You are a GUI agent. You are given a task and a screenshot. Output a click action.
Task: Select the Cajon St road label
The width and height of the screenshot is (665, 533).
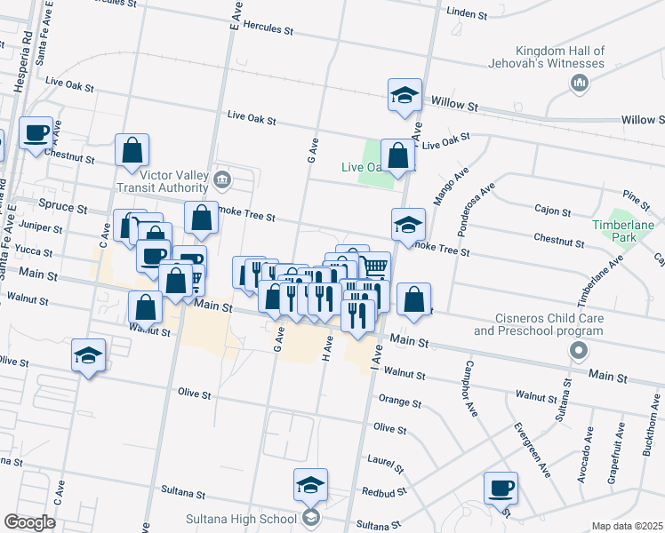pyautogui.click(x=552, y=211)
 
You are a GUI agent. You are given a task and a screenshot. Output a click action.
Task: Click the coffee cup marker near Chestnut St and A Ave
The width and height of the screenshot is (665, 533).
pyautogui.click(x=36, y=134)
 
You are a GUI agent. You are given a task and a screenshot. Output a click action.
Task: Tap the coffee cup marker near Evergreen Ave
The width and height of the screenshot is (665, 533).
pyautogui.click(x=501, y=488)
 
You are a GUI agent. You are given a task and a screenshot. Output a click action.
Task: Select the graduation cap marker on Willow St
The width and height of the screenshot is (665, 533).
pyautogui.click(x=405, y=96)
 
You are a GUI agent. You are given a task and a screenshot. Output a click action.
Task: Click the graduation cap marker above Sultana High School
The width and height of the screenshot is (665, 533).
pyautogui.click(x=310, y=485)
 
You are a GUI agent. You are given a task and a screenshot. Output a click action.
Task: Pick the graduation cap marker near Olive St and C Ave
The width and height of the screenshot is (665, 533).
pyautogui.click(x=88, y=355)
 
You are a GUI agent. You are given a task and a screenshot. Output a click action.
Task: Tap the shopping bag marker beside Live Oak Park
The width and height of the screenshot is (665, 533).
pyautogui.click(x=397, y=155)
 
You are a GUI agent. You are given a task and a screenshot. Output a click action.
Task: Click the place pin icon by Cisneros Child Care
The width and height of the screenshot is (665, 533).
pyautogui.click(x=579, y=350)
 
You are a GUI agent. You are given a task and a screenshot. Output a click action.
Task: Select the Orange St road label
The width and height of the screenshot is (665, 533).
pyautogui.click(x=399, y=402)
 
